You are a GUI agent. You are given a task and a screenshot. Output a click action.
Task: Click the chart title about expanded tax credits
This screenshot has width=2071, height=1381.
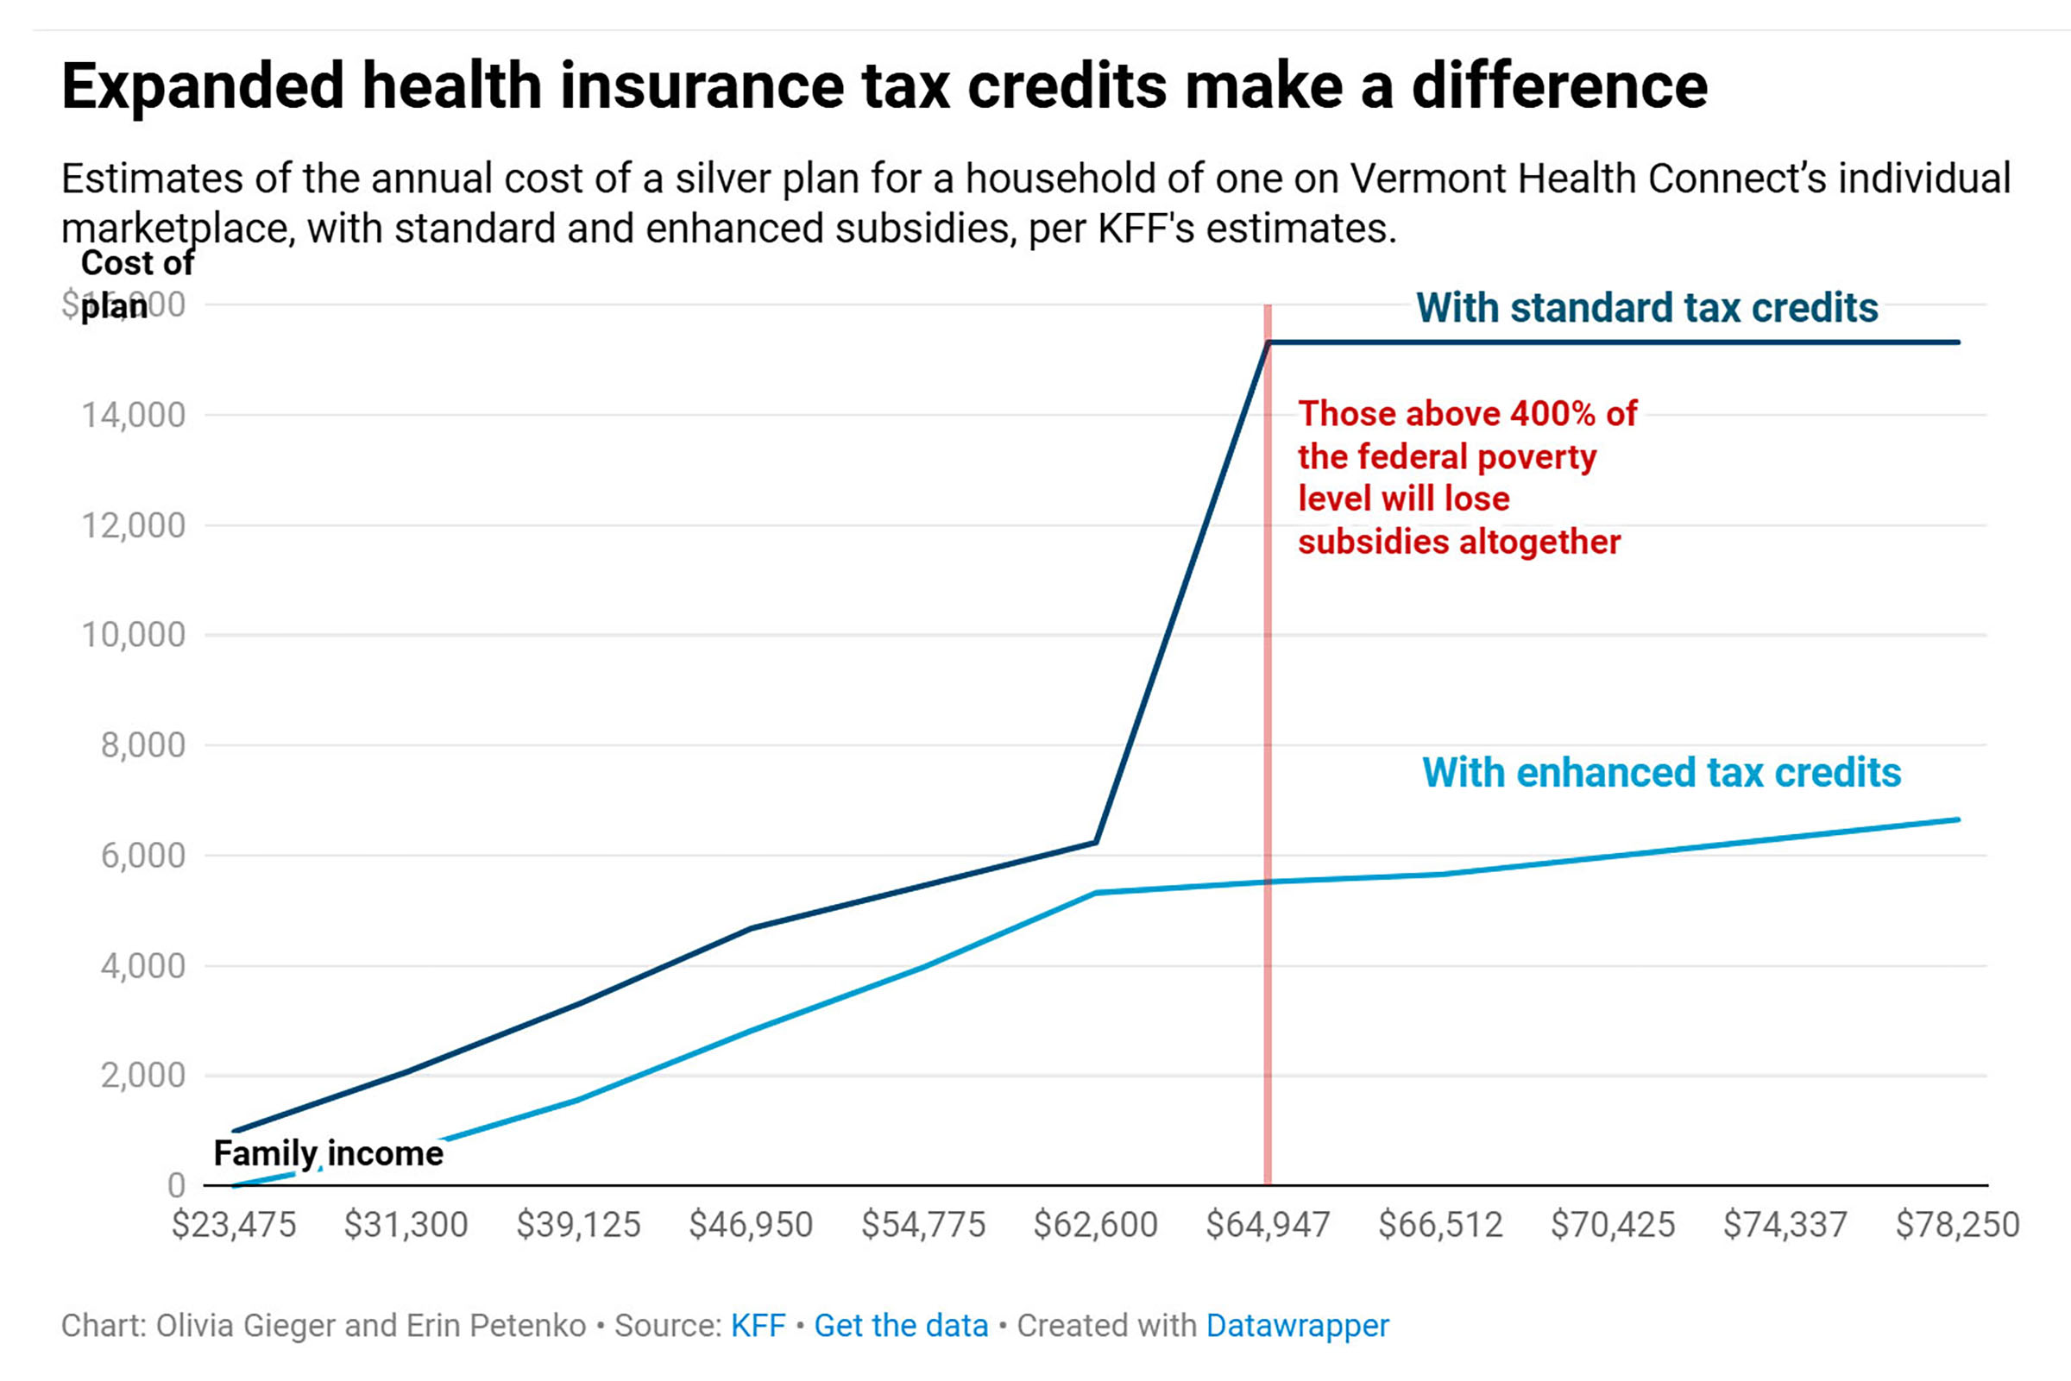pos(884,86)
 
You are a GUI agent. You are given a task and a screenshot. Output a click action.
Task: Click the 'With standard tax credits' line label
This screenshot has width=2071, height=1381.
pos(1646,308)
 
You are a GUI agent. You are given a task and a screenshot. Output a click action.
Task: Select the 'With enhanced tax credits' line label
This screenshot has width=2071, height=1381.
pos(1661,772)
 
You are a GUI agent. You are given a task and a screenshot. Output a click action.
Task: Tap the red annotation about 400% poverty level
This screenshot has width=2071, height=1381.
pos(1467,477)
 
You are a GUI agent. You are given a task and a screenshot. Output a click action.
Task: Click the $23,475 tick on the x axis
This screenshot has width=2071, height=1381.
pos(234,1224)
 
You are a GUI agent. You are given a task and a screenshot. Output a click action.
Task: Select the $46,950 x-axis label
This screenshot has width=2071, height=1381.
pos(751,1224)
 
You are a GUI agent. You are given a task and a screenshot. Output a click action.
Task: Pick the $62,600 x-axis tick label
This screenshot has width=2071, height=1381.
pos(1095,1224)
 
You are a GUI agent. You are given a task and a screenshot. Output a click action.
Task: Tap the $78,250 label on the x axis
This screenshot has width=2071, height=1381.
pos(1957,1224)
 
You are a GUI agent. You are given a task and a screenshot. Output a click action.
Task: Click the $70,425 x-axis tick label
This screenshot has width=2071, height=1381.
pos(1612,1224)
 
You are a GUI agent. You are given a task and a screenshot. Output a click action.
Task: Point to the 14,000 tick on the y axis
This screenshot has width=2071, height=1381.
pos(134,415)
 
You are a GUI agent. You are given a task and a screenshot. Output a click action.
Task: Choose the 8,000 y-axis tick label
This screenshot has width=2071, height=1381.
pos(142,745)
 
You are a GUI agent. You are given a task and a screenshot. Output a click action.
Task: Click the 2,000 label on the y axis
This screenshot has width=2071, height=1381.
pos(142,1076)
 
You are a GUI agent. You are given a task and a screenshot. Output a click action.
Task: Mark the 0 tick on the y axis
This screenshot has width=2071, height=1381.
pos(176,1185)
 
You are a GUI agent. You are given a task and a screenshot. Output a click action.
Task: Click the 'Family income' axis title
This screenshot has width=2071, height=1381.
pos(329,1154)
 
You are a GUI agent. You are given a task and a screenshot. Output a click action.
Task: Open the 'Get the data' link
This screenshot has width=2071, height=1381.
pos(900,1326)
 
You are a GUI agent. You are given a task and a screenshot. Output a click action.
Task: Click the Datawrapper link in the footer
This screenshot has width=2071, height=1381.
pos(1297,1326)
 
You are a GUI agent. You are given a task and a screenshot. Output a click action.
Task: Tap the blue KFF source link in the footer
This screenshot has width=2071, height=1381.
pos(758,1326)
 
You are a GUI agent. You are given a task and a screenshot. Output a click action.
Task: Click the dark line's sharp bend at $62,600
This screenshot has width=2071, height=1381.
pos(1095,842)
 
